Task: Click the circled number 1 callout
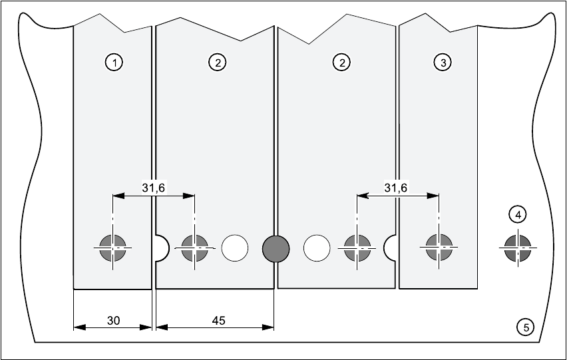coord(114,63)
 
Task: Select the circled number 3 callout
coord(443,63)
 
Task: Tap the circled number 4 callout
coord(518,214)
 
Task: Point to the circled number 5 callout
coord(526,327)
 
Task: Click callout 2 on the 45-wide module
coord(217,63)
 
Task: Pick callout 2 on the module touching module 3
coord(341,63)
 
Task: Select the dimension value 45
coord(218,320)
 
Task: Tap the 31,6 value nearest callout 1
coord(154,188)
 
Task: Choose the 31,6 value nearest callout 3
coord(396,188)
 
